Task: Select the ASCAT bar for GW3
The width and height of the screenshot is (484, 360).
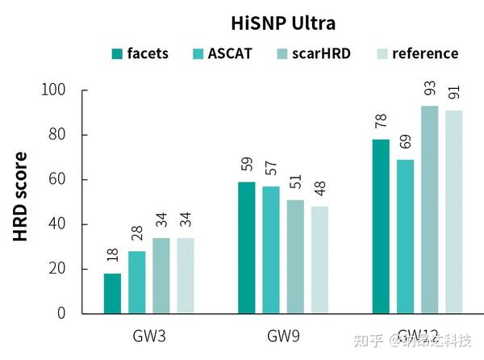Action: pos(137,282)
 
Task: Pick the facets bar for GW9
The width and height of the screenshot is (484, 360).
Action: pos(247,247)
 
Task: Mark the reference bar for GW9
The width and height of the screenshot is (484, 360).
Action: pos(320,259)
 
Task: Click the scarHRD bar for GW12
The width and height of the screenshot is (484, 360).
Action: pos(430,209)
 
